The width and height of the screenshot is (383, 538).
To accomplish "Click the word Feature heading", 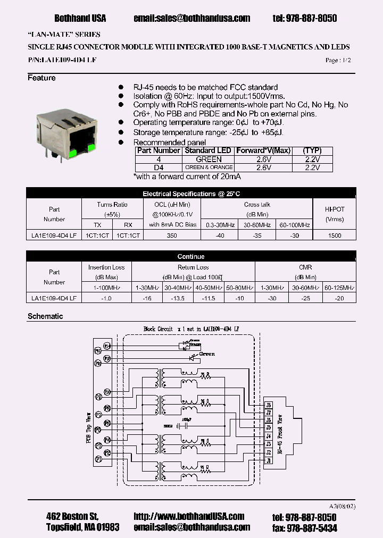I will coord(41,78).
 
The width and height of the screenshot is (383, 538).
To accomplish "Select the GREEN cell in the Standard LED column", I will coord(209,159).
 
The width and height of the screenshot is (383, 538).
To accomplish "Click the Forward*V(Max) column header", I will coord(263,150).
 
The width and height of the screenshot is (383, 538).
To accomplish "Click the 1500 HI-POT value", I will coord(335,235).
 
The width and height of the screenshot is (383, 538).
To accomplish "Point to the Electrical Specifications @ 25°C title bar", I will coord(191,194).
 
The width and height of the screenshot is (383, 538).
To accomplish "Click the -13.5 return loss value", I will coord(178,298).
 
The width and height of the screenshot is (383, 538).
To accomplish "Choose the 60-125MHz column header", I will coord(339,288).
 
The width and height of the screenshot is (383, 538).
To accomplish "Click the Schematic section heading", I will coord(45,316).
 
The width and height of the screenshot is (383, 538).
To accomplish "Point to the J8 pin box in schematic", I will coord(269,405).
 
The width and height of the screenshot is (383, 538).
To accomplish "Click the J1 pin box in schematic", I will coord(269,460).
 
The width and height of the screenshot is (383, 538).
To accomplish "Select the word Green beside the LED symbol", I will coord(207,354).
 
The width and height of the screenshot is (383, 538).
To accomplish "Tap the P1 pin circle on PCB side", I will coord(98,458).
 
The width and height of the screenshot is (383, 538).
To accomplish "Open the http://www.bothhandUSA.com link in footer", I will coord(189,516).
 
